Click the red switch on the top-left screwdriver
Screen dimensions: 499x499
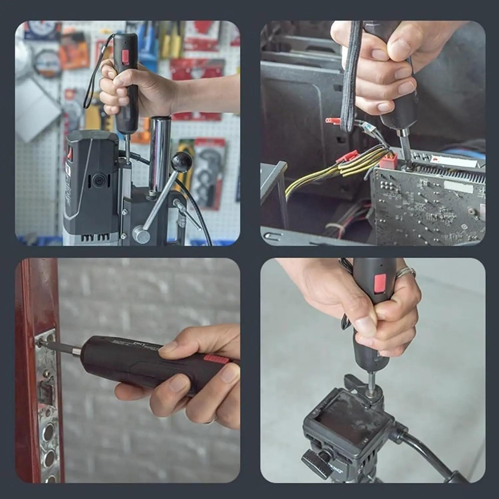coord(125,57)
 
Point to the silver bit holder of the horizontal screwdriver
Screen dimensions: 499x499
coord(72,349)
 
